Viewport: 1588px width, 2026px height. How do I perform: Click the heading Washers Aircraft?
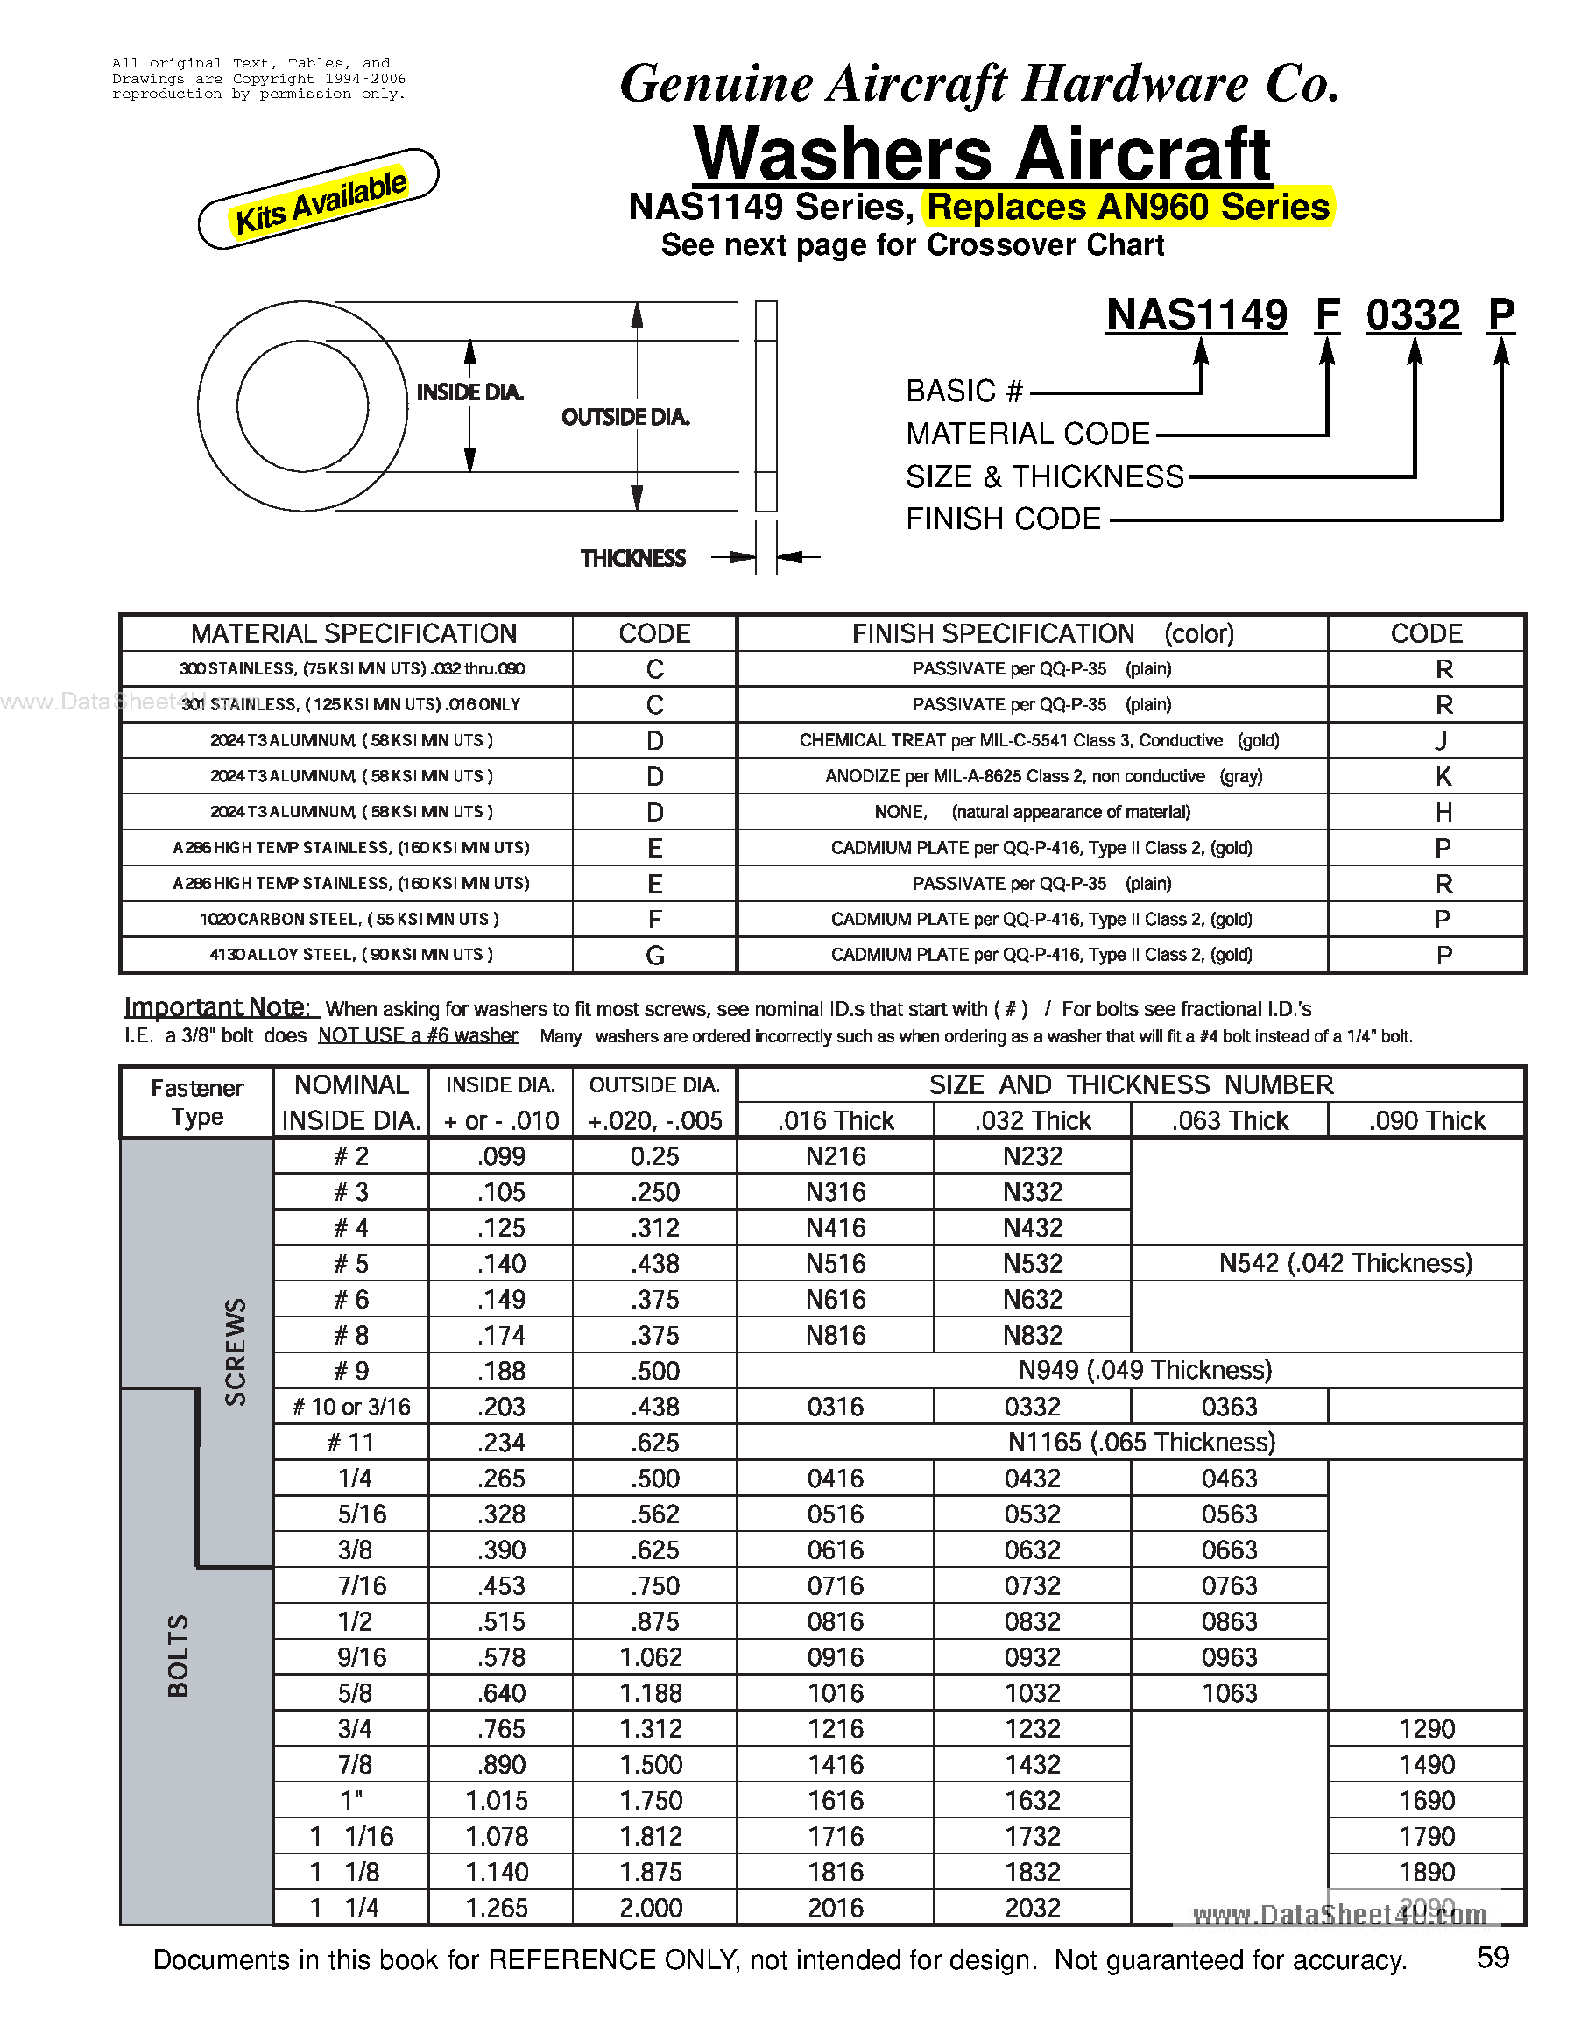[x=982, y=153]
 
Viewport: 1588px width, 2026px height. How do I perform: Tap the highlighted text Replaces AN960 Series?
[x=1128, y=207]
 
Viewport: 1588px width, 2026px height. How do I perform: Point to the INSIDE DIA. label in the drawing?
[x=469, y=392]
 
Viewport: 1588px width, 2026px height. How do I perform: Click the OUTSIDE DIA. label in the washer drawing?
[x=625, y=418]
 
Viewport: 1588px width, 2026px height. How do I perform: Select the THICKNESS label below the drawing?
[x=632, y=558]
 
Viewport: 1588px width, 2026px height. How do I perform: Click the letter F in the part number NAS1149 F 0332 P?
[x=1327, y=315]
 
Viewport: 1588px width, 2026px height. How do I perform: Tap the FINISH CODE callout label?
[x=1002, y=519]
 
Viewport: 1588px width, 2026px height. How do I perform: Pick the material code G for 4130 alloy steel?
[x=654, y=955]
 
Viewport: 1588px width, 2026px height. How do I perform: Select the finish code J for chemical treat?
[x=1442, y=741]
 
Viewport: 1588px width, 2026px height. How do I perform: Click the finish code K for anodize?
[x=1443, y=776]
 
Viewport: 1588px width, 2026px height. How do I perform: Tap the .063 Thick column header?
[x=1229, y=1120]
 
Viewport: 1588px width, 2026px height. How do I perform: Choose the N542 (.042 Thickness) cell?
[x=1345, y=1263]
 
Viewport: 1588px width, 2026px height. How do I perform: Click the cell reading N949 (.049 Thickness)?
[x=1145, y=1370]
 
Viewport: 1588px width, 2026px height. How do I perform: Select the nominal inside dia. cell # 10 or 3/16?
[x=351, y=1407]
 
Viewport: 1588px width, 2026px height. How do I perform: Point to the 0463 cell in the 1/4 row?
[x=1229, y=1479]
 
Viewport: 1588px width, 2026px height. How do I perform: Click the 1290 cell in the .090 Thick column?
[x=1426, y=1728]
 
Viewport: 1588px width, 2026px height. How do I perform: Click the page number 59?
[x=1493, y=1959]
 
